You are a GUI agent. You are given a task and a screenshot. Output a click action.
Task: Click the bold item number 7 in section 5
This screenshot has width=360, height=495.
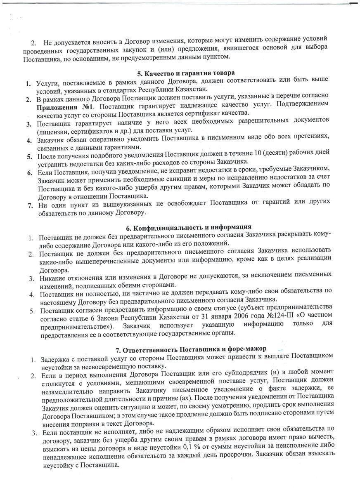click(30, 205)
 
